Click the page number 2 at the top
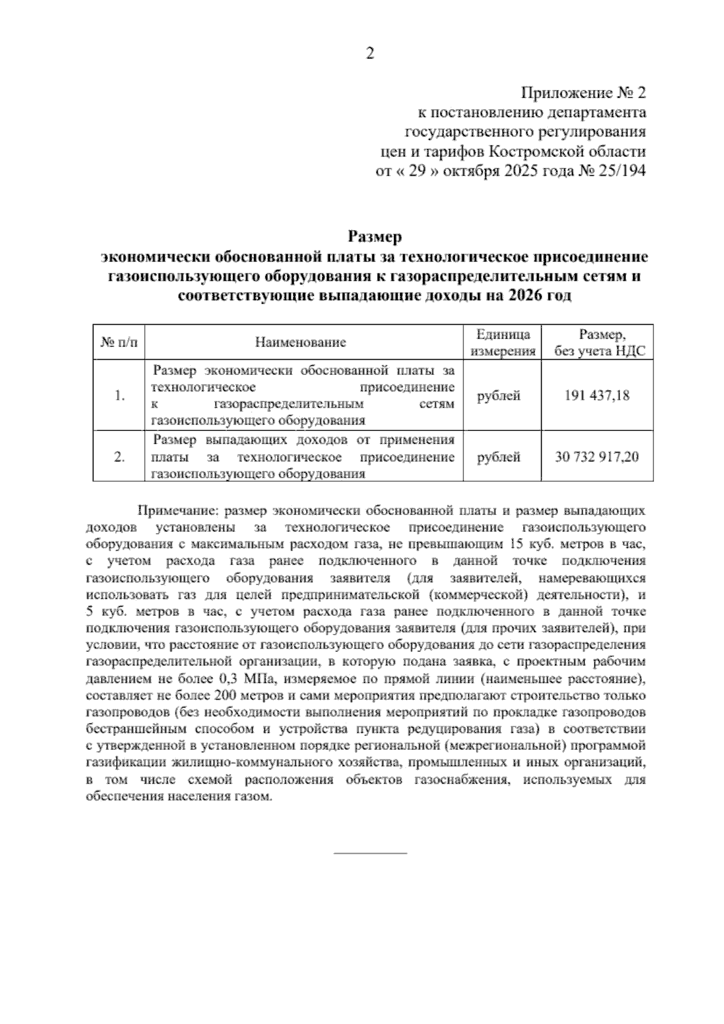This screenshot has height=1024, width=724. [370, 54]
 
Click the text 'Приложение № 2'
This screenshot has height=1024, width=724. [583, 94]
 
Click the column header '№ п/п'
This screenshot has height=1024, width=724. [119, 342]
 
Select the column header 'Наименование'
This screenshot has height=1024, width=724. [300, 342]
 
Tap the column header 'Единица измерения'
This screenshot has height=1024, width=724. [503, 342]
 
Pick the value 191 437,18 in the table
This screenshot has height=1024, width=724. [597, 395]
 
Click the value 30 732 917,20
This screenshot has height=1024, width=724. [597, 457]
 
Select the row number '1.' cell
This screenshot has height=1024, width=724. [119, 396]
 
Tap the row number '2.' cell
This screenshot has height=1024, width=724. [119, 458]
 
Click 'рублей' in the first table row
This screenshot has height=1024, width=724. [498, 396]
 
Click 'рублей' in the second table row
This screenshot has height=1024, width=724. [498, 458]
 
